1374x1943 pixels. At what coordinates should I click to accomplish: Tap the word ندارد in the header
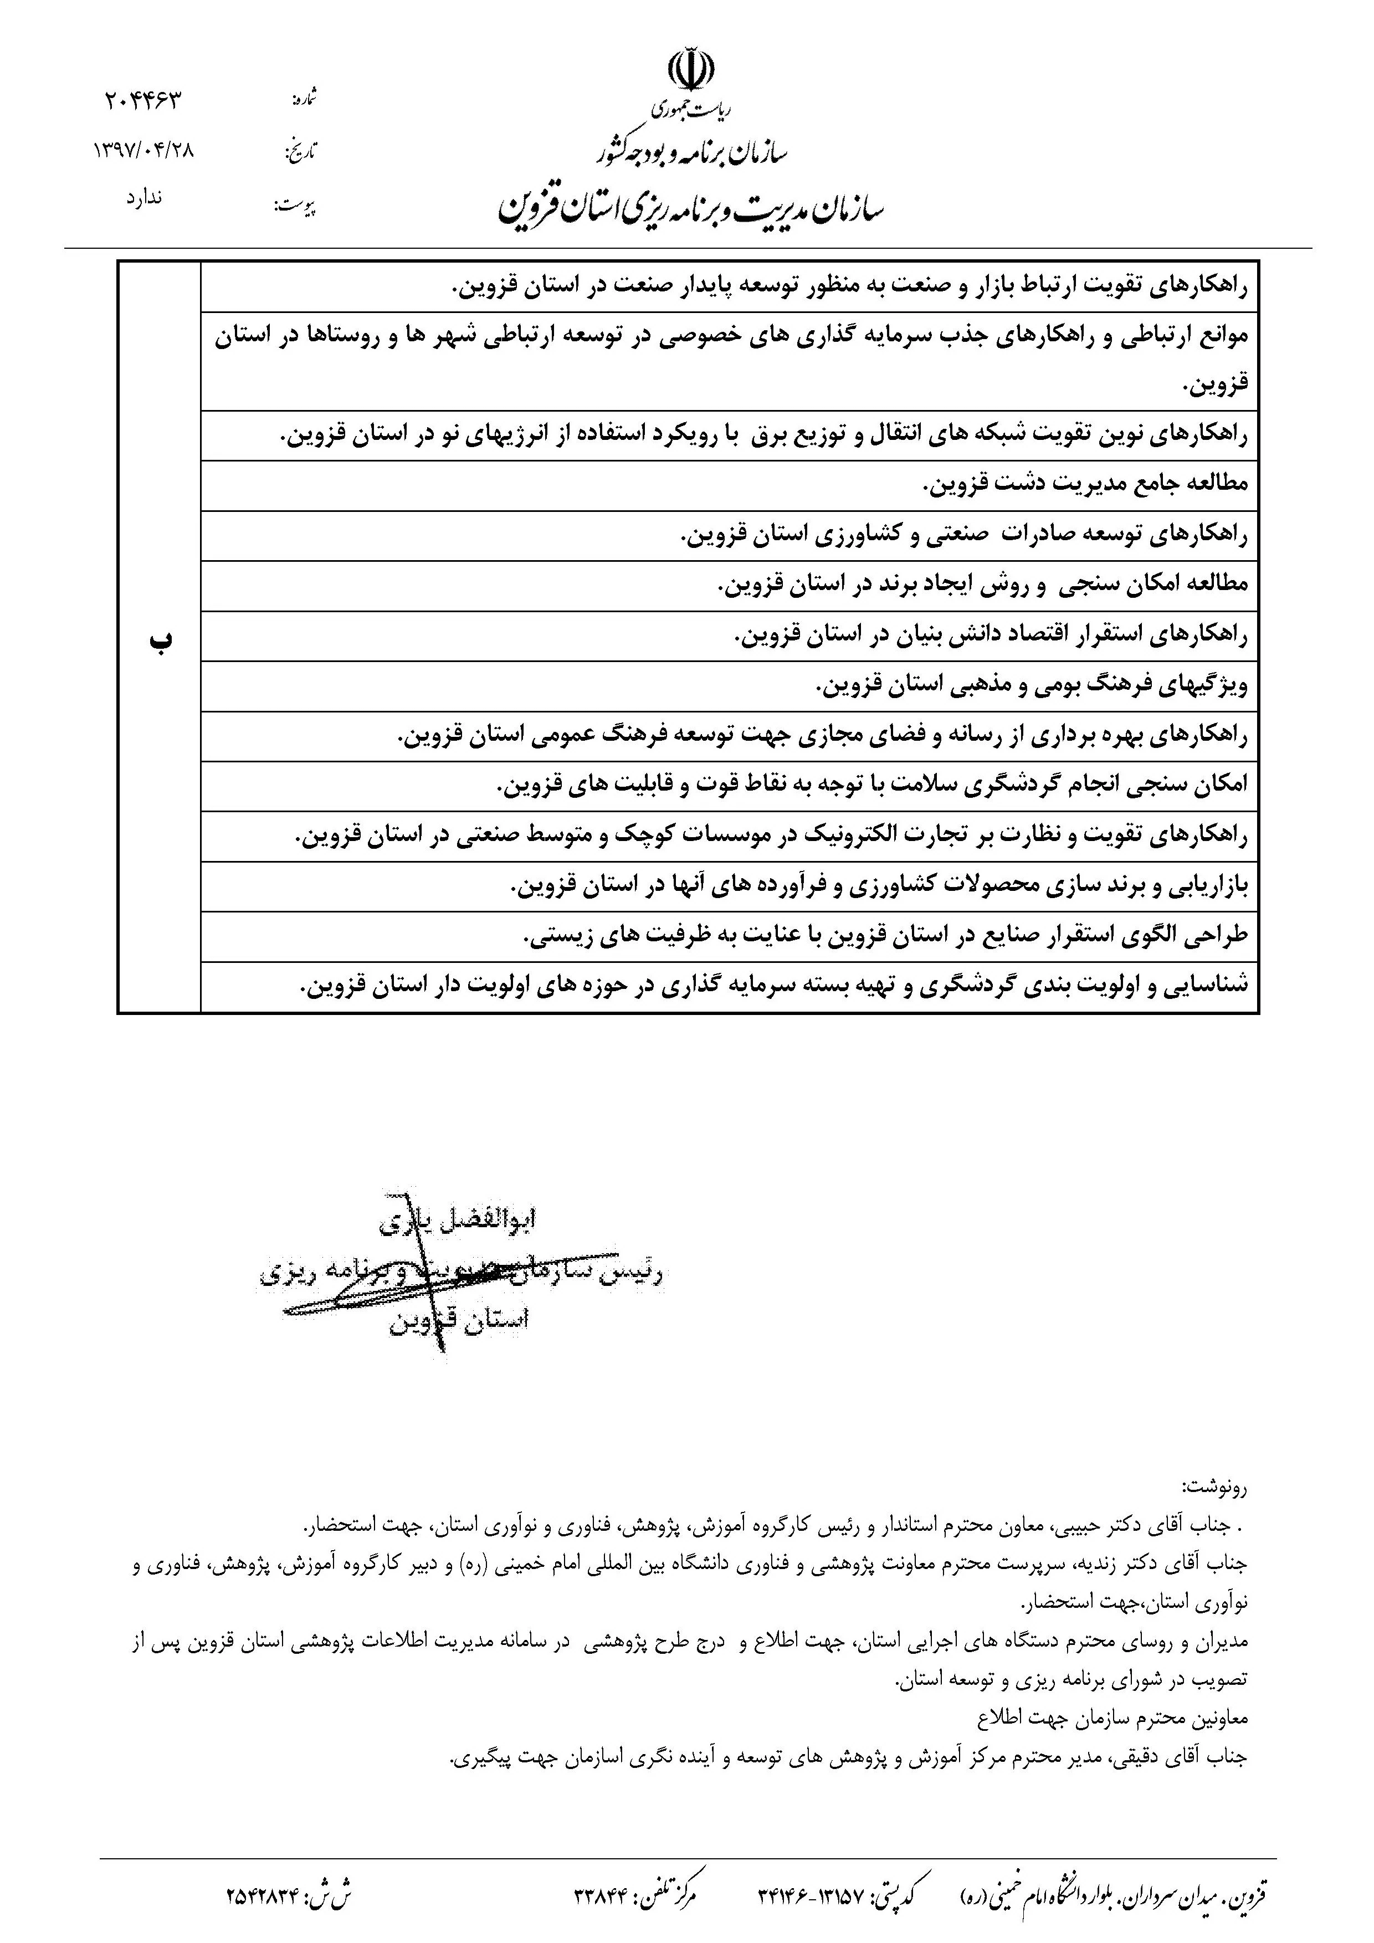click(144, 199)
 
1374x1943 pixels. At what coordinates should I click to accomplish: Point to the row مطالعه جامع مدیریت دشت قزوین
click(1084, 485)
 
